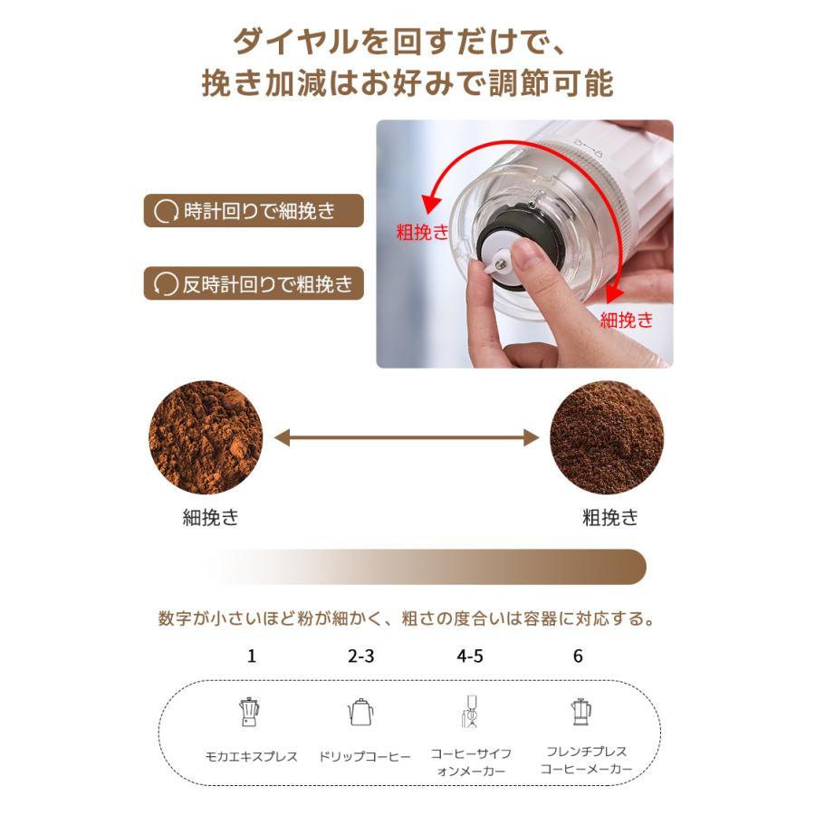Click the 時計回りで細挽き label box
tap(254, 211)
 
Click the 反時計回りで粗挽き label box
tap(254, 284)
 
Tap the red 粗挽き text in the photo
tap(422, 232)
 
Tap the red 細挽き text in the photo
tap(626, 319)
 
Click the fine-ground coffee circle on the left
tap(206, 437)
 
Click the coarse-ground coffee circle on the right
tap(607, 437)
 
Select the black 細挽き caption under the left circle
tap(211, 518)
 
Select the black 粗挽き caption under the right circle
tap(609, 518)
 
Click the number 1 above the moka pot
tap(251, 656)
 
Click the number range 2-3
tap(360, 656)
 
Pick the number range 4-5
tap(470, 656)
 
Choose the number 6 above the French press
tap(578, 656)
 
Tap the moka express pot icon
tap(248, 713)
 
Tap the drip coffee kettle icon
tap(360, 712)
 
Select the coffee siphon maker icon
tap(469, 712)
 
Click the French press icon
tap(580, 712)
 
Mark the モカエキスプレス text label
tap(250, 756)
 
